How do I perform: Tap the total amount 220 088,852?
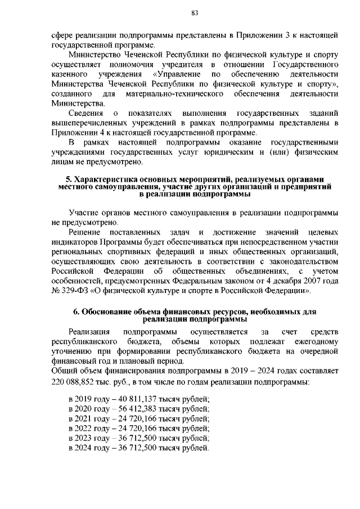click(74, 382)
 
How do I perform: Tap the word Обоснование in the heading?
click(109, 312)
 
